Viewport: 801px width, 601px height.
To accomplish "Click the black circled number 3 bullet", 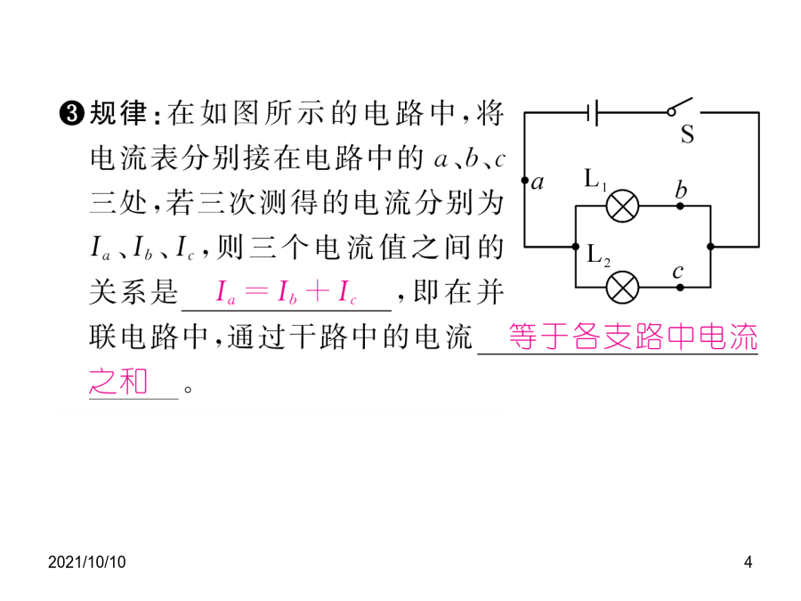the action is pos(72,113).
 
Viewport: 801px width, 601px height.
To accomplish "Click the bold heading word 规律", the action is pos(118,113).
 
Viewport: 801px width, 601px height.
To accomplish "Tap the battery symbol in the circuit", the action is pos(592,112).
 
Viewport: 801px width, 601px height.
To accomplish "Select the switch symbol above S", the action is pos(680,106).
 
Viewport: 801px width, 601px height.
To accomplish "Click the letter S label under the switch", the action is pos(687,134).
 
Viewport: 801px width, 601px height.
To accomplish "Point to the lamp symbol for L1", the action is pos(622,206).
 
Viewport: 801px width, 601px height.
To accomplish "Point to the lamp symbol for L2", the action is pos(622,288).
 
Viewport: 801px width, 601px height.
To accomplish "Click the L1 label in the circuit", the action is pos(595,180).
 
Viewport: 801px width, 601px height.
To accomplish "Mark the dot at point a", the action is pos(524,180).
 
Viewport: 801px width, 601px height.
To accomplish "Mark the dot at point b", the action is pos(680,206).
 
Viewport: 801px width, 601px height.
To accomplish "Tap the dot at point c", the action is pos(680,288).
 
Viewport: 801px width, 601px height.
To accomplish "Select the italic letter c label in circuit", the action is pos(678,272).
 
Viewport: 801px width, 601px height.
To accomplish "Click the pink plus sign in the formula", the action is pos(318,291).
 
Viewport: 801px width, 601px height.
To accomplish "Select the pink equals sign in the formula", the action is pos(256,292).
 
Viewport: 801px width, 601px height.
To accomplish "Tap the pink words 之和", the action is pos(118,382).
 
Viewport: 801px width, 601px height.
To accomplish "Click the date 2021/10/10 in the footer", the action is pos(87,562).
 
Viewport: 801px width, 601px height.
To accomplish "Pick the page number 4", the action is pos(748,562).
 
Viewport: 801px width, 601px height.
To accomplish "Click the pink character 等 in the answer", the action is pos(523,337).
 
